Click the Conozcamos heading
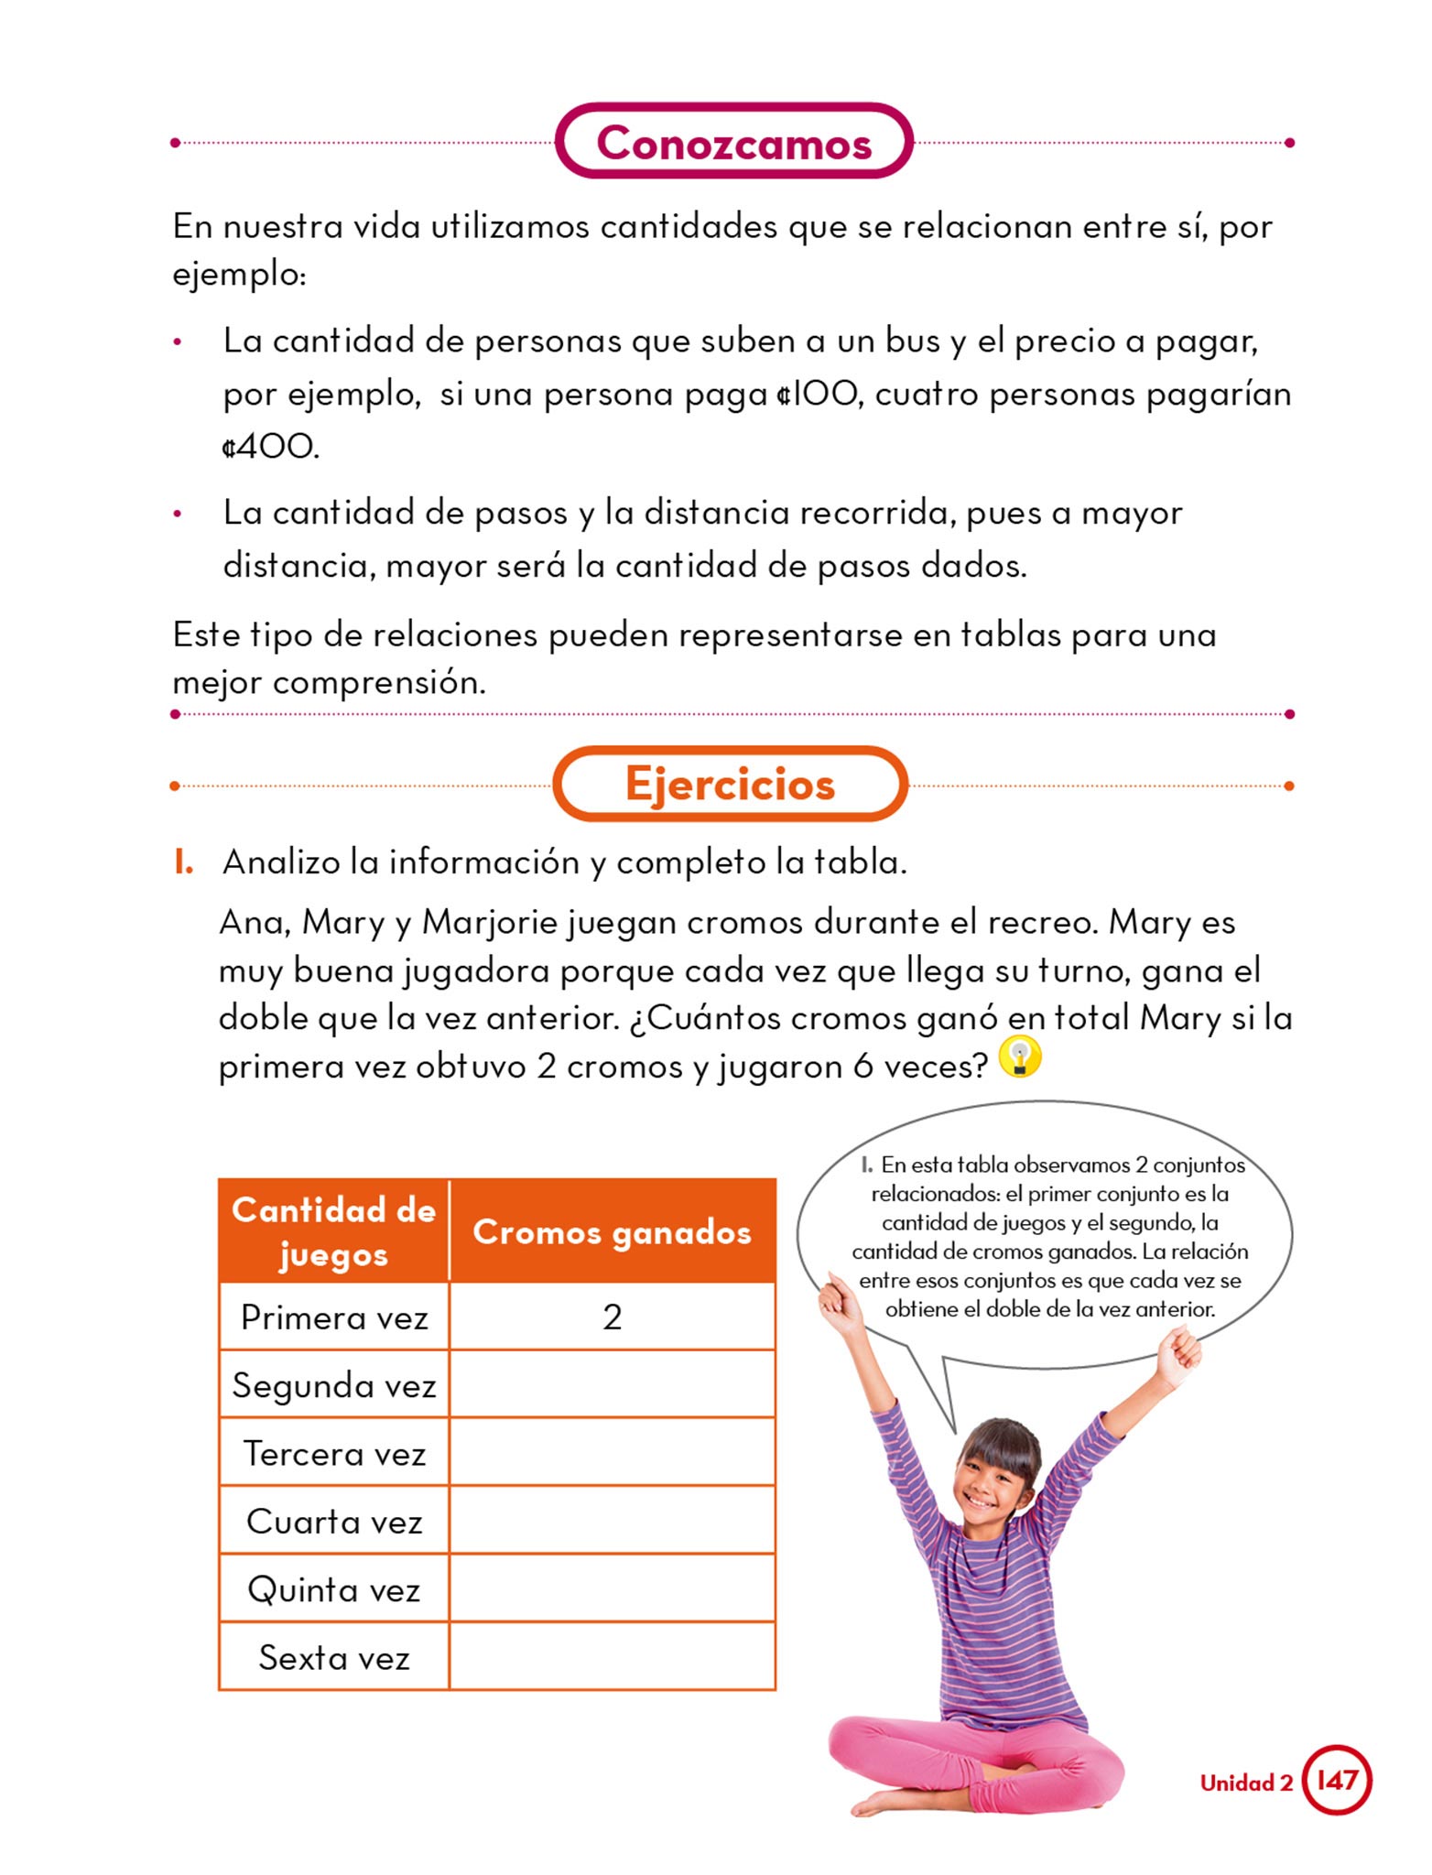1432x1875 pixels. [x=733, y=143]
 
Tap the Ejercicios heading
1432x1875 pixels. [x=730, y=785]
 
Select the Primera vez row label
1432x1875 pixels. [x=334, y=1317]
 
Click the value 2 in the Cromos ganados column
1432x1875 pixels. [x=613, y=1317]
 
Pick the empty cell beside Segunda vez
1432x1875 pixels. [x=613, y=1384]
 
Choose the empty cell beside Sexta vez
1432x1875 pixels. [x=613, y=1656]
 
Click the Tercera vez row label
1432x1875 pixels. [x=334, y=1453]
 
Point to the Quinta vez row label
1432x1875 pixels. [x=334, y=1589]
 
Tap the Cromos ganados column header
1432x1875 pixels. [x=612, y=1232]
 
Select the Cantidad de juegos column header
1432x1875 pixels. [x=334, y=1232]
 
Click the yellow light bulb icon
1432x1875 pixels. [x=1020, y=1057]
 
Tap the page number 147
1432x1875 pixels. [x=1337, y=1780]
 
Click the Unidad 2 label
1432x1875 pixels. [x=1246, y=1783]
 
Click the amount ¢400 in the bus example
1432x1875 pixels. [x=269, y=447]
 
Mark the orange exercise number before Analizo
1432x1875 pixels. [x=183, y=862]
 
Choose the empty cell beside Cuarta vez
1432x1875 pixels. [x=613, y=1521]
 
